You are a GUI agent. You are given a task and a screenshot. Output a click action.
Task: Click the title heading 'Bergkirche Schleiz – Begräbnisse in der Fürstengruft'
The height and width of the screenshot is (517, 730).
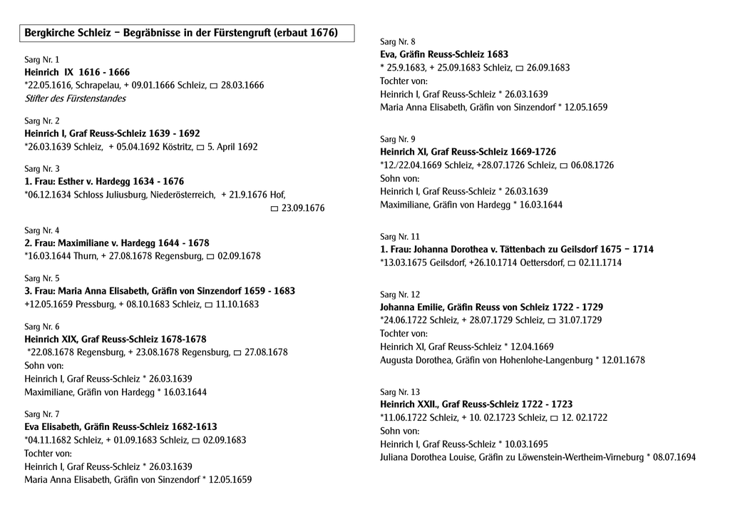tap(181, 33)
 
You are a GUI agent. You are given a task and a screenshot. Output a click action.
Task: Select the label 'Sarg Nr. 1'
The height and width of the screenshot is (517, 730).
tap(42, 59)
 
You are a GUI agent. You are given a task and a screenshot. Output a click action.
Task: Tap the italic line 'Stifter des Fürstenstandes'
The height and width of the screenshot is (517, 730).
tap(75, 98)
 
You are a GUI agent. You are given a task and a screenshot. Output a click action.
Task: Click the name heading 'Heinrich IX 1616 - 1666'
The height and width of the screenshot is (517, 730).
tap(77, 72)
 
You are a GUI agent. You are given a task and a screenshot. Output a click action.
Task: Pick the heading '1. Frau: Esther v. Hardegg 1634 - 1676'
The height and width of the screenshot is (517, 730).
tap(104, 181)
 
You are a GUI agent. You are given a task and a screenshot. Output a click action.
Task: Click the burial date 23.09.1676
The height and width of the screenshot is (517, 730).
tap(303, 208)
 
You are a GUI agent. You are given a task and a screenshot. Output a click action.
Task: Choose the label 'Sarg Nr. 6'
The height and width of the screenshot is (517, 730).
tap(42, 326)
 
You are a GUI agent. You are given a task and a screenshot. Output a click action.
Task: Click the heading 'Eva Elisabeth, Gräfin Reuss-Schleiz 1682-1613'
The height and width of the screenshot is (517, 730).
tap(120, 426)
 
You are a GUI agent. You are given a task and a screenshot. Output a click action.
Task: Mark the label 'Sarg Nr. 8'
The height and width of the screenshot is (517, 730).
tap(398, 41)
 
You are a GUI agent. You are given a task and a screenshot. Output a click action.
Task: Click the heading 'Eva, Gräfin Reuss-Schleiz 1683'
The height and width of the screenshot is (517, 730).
tap(444, 54)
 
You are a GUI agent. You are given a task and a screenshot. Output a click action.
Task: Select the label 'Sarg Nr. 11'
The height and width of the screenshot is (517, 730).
tap(400, 236)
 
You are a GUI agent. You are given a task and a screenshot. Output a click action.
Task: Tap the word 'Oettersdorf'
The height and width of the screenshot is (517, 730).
tap(540, 262)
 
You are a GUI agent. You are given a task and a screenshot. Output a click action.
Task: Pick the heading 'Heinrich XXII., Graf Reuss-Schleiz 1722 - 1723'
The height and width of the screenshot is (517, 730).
tap(476, 404)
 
